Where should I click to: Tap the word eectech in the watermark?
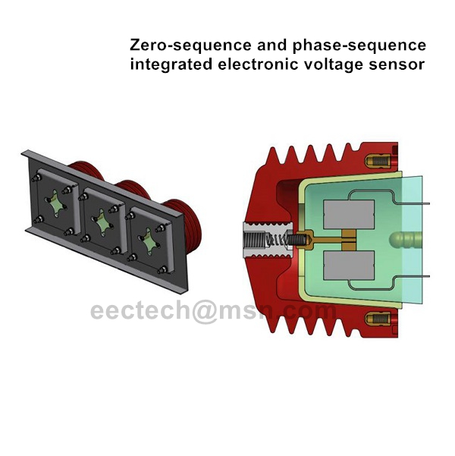point(136,312)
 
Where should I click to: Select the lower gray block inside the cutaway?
point(347,266)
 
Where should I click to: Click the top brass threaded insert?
point(378,162)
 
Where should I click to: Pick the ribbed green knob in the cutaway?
point(406,241)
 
